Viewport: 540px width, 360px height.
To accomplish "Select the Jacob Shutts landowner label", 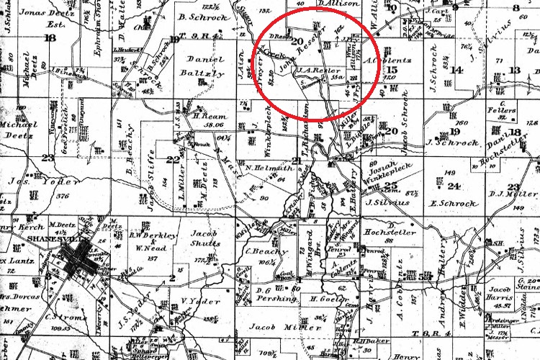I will point(206,238).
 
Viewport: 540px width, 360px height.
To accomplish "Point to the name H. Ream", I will point(207,114).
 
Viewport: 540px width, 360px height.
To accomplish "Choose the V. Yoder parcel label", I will point(194,301).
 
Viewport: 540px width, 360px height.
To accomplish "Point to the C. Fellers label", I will point(502,112).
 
